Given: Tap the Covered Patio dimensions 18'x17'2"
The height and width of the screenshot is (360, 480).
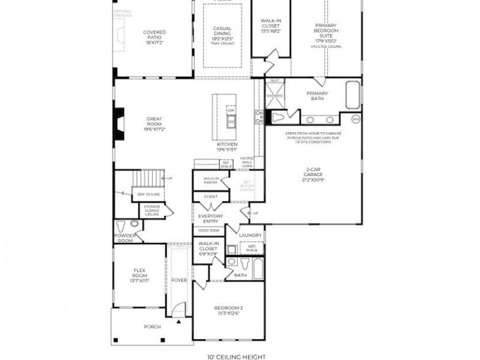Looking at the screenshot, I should pyautogui.click(x=154, y=43).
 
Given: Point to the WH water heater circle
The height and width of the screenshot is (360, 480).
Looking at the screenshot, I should pyautogui.click(x=356, y=118).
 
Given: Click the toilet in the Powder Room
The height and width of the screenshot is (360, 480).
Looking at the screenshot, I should pyautogui.click(x=120, y=225).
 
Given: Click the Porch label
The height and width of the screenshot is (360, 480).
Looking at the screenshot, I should pyautogui.click(x=153, y=326).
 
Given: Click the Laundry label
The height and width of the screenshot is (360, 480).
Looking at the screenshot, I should pyautogui.click(x=250, y=235).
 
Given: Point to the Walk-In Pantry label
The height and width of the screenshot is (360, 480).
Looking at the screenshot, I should pyautogui.click(x=211, y=180).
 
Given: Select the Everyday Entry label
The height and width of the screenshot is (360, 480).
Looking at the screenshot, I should pyautogui.click(x=211, y=218).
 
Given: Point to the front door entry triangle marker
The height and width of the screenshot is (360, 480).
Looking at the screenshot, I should pyautogui.click(x=179, y=323).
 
